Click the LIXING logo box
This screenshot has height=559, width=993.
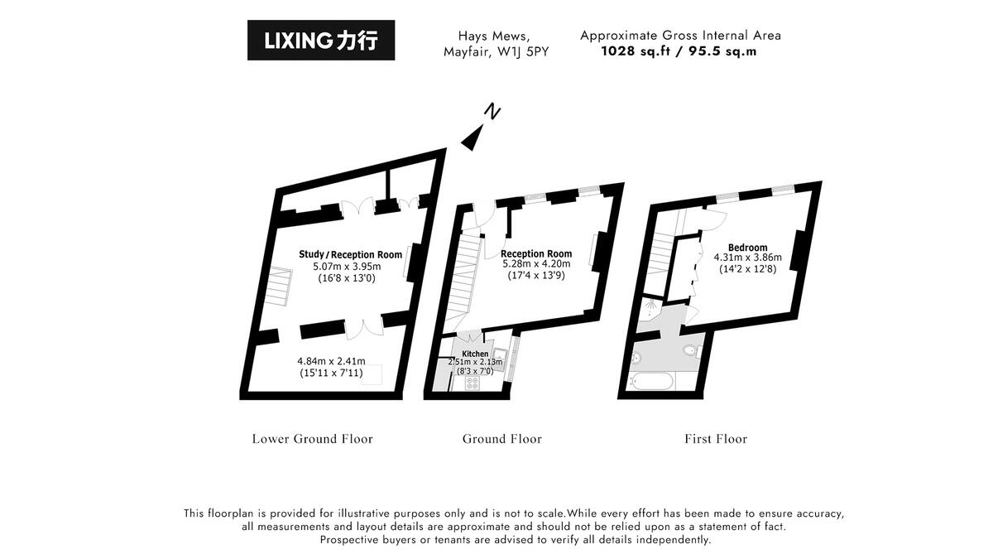click(x=321, y=41)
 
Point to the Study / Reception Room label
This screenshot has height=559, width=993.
click(x=350, y=254)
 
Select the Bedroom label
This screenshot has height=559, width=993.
click(x=747, y=248)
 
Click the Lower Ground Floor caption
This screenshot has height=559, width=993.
click(x=312, y=439)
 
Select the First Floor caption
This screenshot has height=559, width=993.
click(x=715, y=439)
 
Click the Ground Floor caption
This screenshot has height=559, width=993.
click(x=501, y=439)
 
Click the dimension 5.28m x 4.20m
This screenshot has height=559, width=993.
click(x=535, y=265)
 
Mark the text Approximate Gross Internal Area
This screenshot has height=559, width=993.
click(x=680, y=36)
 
